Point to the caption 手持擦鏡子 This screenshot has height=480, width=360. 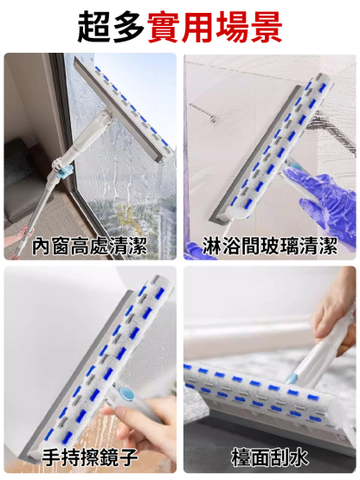[x=89, y=457]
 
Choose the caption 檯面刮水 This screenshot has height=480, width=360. [x=269, y=457]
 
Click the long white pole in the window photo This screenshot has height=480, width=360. [x=30, y=208]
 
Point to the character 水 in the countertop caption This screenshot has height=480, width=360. [x=307, y=457]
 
